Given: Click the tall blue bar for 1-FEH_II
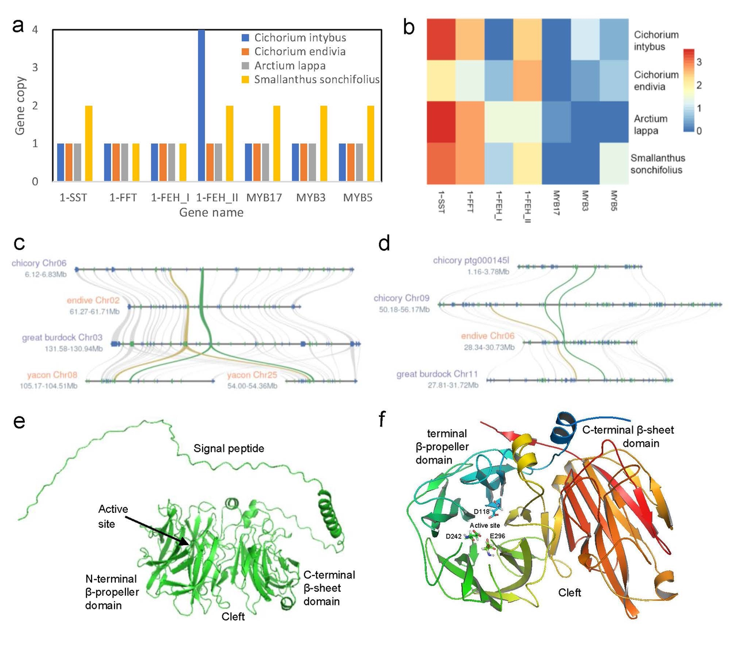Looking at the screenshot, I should tap(202, 106).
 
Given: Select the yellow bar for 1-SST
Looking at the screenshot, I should tap(89, 143).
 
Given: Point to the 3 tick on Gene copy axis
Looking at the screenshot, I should tap(35, 67).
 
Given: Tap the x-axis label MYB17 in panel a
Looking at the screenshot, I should tap(264, 198).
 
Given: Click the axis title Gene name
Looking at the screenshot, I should tap(211, 213).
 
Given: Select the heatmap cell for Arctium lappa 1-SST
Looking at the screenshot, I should tap(441, 121).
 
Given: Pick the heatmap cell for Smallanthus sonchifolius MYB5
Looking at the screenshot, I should tap(614, 163).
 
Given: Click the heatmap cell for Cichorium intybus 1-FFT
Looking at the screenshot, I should tap(470, 39).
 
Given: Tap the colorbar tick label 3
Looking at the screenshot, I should tap(699, 62).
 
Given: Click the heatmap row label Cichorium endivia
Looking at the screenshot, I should tap(656, 81).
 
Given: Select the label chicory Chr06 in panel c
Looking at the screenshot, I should tap(39, 263).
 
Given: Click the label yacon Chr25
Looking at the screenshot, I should tap(252, 375).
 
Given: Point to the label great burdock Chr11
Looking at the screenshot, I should tap(437, 374).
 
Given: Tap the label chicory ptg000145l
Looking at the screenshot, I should tap(471, 261).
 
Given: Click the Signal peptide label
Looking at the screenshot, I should tap(229, 449).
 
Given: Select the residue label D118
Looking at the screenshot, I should tap(481, 512).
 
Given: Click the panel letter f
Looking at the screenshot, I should tap(382, 420).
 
